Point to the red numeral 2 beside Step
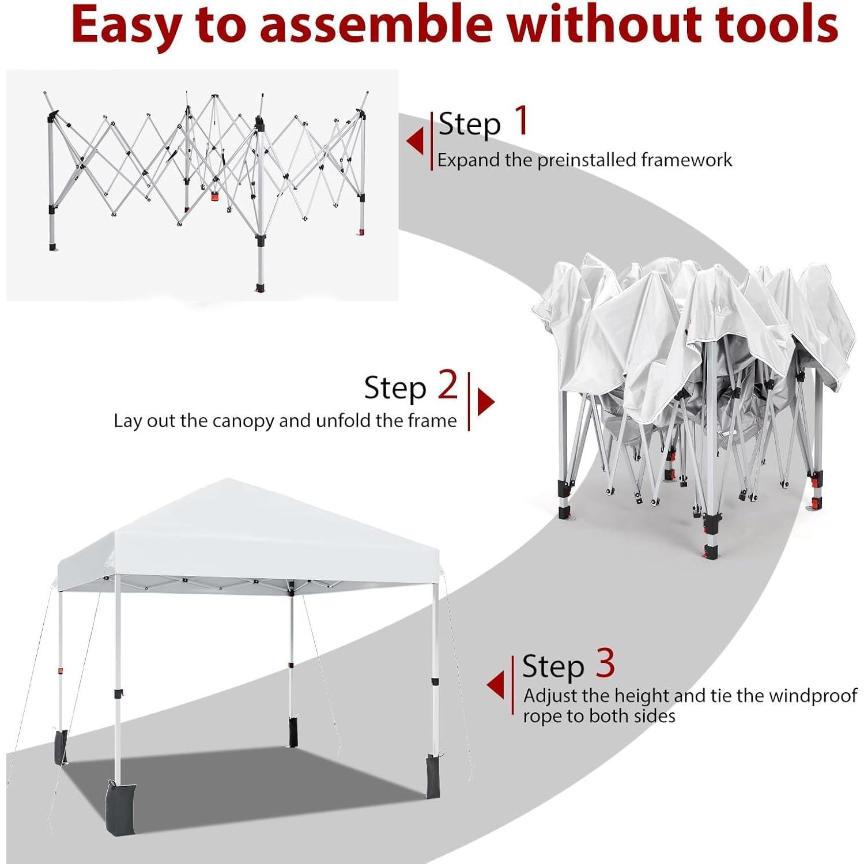click(447, 385)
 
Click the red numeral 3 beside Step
click(605, 663)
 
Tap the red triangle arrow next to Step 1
click(415, 141)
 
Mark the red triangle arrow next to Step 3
click(496, 685)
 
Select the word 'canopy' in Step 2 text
click(243, 421)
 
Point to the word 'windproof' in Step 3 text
click(813, 696)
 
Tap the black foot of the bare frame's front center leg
click(260, 288)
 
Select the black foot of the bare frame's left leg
click(53, 247)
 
